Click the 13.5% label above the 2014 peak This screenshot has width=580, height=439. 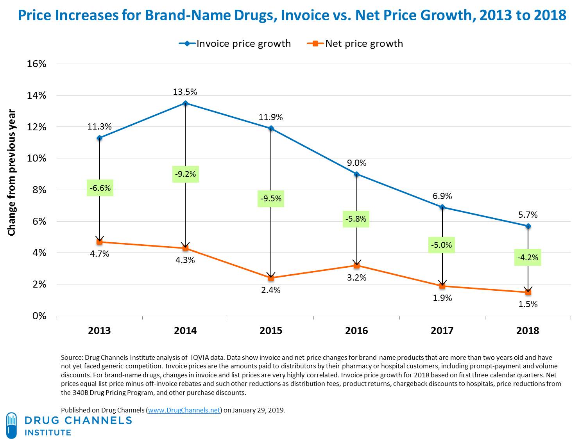[x=185, y=92]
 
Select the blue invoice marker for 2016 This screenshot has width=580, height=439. [x=356, y=174]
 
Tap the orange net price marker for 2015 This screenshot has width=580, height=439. [x=271, y=278]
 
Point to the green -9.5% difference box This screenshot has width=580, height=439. [x=271, y=199]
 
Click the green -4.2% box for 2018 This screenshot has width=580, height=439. [x=528, y=258]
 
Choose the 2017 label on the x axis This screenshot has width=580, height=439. [x=442, y=331]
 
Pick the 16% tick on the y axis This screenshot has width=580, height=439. [x=36, y=64]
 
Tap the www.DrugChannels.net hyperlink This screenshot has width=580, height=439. [x=184, y=410]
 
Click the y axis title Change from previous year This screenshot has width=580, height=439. [x=12, y=173]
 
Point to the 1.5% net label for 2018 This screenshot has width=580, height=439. [x=528, y=304]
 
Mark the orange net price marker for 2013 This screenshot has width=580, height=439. [x=100, y=242]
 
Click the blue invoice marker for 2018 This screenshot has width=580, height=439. [x=528, y=226]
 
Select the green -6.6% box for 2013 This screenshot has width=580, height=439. [x=100, y=188]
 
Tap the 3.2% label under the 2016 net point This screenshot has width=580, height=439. [x=356, y=278]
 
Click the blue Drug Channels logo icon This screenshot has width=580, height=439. [x=12, y=425]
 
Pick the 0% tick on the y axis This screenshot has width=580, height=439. [x=39, y=316]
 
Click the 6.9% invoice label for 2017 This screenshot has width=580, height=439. [x=442, y=196]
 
